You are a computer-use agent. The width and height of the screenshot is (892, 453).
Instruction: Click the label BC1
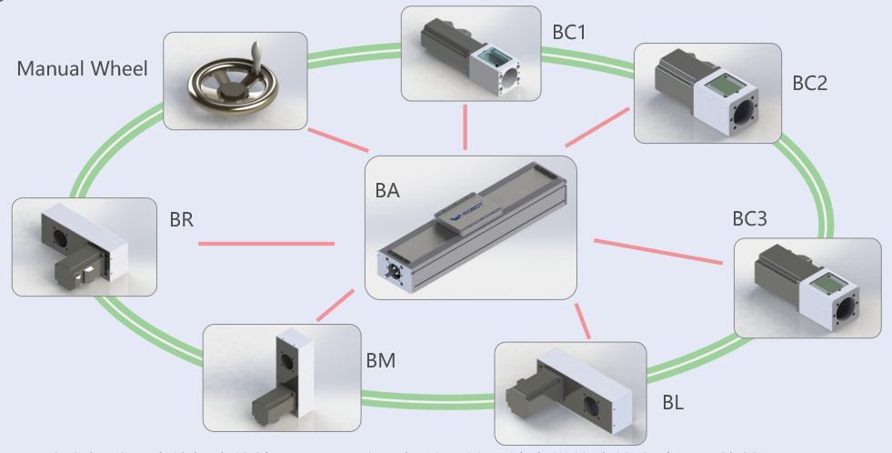click(569, 33)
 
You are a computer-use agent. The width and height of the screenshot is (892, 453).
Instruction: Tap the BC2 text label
click(809, 84)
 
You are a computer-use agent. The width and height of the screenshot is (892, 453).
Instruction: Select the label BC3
click(750, 219)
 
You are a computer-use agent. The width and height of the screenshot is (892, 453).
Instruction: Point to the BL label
click(674, 401)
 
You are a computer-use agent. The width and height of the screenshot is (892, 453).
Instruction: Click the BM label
click(381, 361)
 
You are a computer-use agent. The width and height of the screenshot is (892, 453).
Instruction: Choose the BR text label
click(183, 219)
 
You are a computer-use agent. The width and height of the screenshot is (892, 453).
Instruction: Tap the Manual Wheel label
click(82, 69)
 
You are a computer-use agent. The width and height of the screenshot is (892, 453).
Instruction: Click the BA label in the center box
click(387, 192)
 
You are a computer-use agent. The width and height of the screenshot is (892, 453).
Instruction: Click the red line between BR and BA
click(266, 244)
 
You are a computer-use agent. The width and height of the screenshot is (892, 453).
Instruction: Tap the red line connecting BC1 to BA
click(466, 127)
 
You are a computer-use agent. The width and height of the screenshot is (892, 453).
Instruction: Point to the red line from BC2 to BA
click(597, 126)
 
